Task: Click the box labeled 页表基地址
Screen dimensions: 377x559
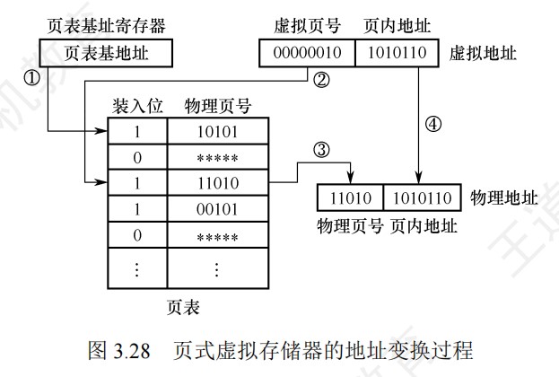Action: click(x=106, y=53)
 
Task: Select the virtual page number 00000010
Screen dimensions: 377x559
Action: click(x=307, y=53)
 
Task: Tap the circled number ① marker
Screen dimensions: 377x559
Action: click(x=31, y=79)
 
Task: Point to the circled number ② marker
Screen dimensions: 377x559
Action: click(x=321, y=80)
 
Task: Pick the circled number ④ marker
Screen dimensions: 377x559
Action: click(x=433, y=126)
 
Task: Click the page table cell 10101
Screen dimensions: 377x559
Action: click(x=215, y=132)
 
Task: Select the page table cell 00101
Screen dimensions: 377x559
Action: click(x=215, y=211)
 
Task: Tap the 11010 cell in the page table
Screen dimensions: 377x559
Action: click(x=215, y=185)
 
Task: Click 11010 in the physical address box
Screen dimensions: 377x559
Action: click(x=351, y=197)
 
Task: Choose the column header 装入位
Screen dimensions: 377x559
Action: click(x=137, y=106)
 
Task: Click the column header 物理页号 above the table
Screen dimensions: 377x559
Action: click(x=216, y=106)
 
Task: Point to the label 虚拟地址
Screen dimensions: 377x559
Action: click(x=481, y=53)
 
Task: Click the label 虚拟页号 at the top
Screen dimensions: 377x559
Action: click(x=304, y=24)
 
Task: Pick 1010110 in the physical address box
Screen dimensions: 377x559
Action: click(x=423, y=197)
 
